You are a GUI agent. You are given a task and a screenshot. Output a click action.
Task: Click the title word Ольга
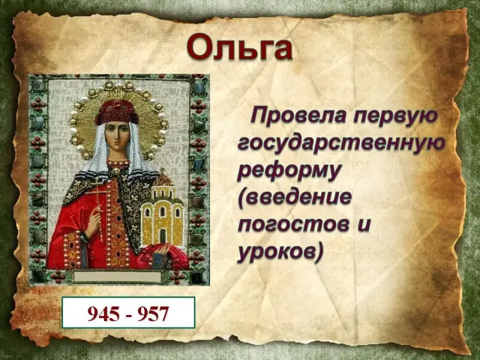(239, 47)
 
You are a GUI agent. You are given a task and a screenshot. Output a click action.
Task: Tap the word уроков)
(280, 253)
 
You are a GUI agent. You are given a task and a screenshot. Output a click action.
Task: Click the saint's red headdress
(116, 112)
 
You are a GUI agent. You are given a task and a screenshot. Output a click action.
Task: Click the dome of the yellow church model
(163, 181)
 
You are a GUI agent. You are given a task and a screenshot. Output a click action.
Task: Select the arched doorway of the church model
(163, 237)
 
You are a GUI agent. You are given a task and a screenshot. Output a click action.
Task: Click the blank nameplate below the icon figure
(117, 277)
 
